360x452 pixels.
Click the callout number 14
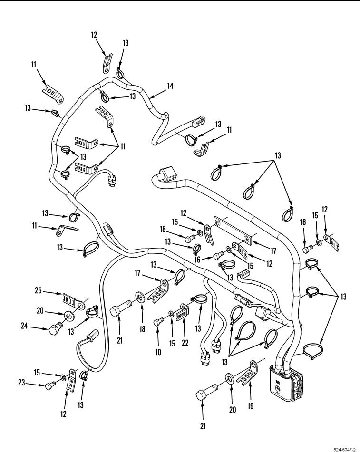(x=170, y=86)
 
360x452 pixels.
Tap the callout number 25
(x=39, y=290)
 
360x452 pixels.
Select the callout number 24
(x=24, y=326)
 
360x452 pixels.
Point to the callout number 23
(x=21, y=383)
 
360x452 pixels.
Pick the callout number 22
(x=185, y=343)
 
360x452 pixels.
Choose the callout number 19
(x=251, y=406)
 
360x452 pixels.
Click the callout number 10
(x=158, y=352)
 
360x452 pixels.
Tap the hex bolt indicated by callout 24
(x=55, y=328)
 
